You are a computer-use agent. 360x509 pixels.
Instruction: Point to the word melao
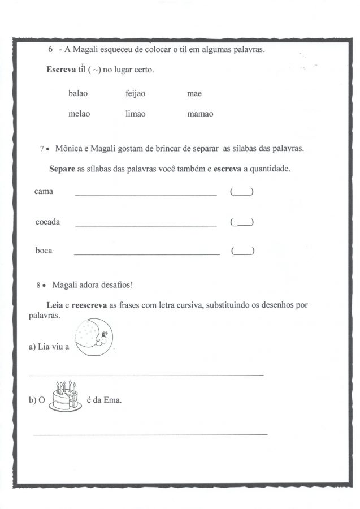point(79,114)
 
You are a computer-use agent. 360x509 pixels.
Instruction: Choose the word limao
point(135,114)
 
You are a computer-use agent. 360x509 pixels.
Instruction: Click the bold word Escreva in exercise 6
point(62,70)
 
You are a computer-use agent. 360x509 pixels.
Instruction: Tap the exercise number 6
point(51,49)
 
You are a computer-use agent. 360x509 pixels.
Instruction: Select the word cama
point(44,192)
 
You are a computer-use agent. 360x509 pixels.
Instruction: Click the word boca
point(44,251)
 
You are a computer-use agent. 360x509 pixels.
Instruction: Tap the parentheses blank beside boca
point(242,251)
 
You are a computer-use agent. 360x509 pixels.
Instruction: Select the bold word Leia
point(55,305)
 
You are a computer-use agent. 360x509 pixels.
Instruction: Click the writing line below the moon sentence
point(146,375)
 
